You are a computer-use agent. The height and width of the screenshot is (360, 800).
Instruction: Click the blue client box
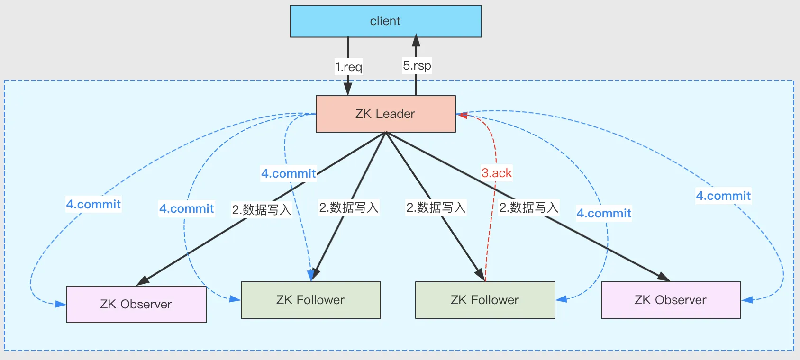coord(386,21)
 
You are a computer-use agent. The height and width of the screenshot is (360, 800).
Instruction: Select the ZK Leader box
coord(385,114)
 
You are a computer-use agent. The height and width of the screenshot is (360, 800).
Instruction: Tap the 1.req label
coord(349,67)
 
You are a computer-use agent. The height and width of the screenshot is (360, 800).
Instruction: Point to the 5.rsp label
coord(417,65)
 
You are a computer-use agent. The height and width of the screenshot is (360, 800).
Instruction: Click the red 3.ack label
coord(496,173)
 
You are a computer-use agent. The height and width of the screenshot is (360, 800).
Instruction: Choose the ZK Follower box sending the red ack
coord(485,300)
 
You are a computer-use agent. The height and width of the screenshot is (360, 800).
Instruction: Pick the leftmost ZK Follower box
coord(310,300)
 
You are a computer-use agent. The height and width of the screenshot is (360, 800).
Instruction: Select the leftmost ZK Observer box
coord(136,304)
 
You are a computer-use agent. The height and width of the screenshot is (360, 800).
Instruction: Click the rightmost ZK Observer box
coord(671,300)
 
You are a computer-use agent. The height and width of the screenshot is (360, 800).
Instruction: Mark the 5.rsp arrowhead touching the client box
coord(416,40)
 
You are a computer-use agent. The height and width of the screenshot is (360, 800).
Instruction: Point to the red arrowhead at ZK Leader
coord(463,115)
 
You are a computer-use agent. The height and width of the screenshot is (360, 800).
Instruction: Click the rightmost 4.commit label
coord(723,196)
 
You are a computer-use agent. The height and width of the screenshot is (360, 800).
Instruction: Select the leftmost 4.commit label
coord(93,204)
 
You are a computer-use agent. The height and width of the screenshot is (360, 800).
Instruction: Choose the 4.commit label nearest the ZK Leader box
coord(288,173)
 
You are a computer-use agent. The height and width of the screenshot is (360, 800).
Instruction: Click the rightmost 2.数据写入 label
coord(528,207)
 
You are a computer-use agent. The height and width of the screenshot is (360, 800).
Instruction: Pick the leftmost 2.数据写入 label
coord(261,209)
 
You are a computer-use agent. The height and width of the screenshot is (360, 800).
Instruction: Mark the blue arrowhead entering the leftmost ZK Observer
coord(61,304)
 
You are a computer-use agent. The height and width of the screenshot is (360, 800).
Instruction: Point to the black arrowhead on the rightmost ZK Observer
coord(664,277)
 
